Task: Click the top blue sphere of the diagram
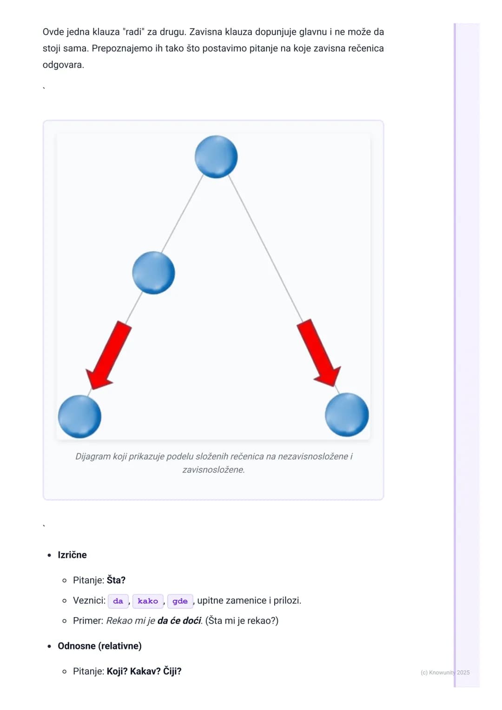216,157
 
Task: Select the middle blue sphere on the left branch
153,273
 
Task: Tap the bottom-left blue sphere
79,416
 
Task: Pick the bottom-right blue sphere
347,414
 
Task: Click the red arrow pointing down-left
108,355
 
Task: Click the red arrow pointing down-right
319,353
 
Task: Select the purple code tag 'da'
118,601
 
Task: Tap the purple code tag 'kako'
148,601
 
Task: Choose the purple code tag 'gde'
180,601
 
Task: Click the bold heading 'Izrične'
72,555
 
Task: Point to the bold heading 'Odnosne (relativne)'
99,646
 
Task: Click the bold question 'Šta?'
116,580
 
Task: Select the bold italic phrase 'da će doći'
179,620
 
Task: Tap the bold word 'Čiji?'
172,671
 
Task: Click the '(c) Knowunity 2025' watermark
445,672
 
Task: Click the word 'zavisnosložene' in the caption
213,470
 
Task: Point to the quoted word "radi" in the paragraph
133,32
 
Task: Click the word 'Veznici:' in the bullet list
89,600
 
